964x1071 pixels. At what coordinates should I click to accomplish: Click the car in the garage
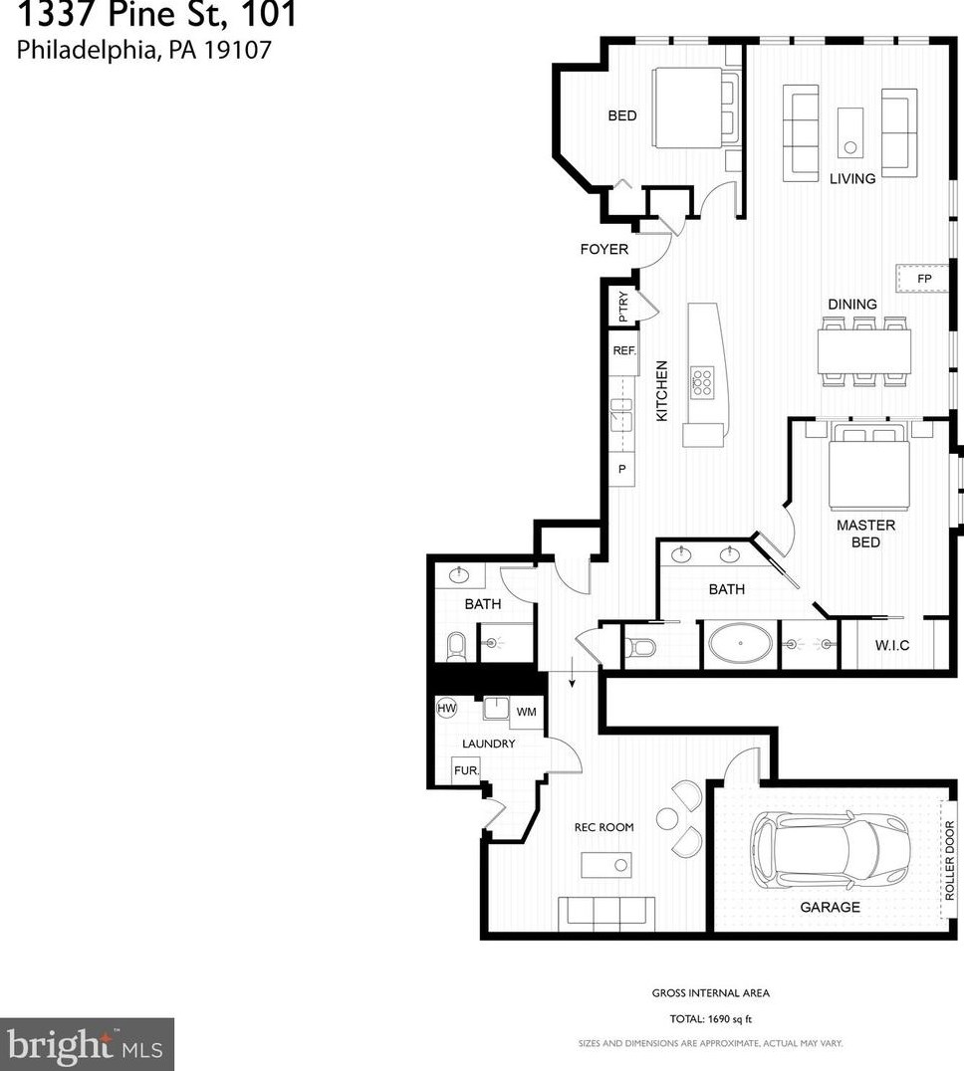coord(831,849)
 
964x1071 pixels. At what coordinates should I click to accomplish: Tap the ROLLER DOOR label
coord(950,860)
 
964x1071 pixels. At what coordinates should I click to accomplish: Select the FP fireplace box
coord(922,278)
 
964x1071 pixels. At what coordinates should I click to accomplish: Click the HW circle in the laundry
coord(446,708)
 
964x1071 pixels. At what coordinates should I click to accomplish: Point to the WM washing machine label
coord(526,712)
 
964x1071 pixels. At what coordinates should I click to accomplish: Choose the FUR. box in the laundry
coord(466,769)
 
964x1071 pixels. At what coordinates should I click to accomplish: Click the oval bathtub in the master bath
coord(741,643)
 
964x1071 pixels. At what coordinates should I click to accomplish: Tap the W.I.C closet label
coord(892,645)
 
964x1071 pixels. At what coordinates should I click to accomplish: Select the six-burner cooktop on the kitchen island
coord(702,382)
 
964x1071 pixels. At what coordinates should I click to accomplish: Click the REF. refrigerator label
coord(624,350)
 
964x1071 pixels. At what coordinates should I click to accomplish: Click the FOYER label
coord(603,249)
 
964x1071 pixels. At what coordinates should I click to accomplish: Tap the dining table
coord(864,351)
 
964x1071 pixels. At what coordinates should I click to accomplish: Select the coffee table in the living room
coord(850,132)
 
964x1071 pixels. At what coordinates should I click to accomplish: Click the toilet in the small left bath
coord(456,647)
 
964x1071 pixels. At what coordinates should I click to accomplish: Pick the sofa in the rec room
coord(606,913)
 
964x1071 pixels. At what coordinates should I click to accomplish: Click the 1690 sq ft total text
coord(730,1019)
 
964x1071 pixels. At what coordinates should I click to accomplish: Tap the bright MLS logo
coord(86,1045)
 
